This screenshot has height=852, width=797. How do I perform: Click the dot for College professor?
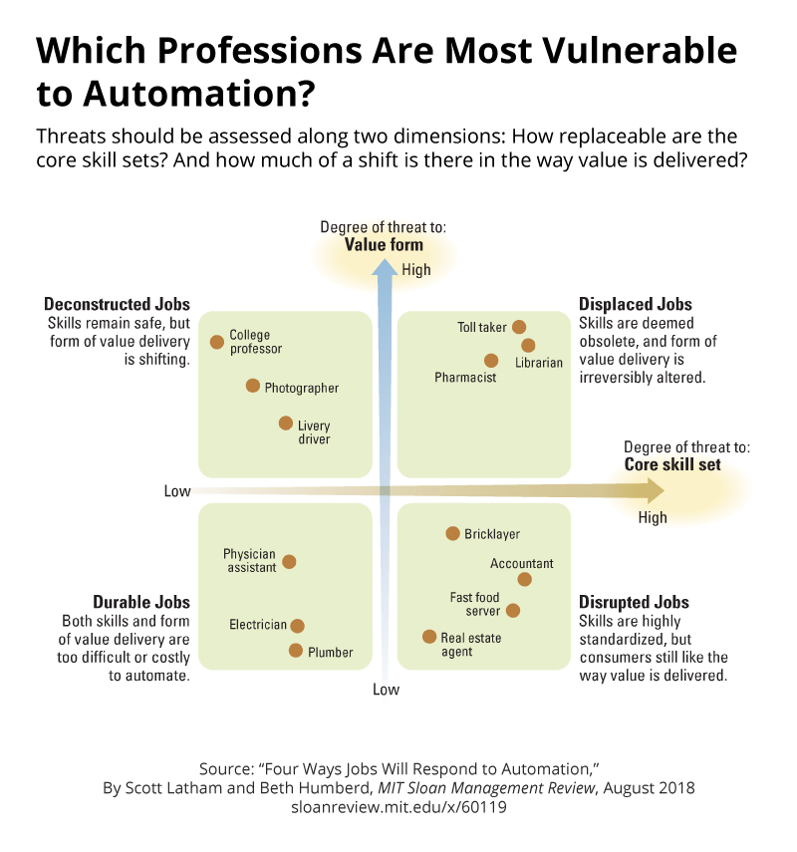pos(217,342)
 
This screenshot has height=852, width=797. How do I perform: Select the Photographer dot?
pos(253,386)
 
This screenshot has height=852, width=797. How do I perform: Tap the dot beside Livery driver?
pos(285,424)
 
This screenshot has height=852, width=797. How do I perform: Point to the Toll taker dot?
pos(519,327)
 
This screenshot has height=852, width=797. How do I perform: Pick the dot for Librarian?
pos(528,346)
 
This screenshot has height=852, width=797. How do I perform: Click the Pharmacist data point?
pos(491,361)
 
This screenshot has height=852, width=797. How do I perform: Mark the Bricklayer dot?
pos(452,534)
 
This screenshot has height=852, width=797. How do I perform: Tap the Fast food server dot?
pos(513,610)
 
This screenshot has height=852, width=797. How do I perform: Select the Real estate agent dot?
pos(429,637)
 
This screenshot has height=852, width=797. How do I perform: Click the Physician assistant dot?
pos(289,562)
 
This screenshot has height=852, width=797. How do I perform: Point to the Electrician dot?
pos(297,626)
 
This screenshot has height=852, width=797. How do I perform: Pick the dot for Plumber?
pos(296,651)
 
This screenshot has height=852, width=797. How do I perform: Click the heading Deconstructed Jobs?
pos(117,304)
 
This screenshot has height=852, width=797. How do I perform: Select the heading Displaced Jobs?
pos(636,304)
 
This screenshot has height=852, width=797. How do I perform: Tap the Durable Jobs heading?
pos(140,603)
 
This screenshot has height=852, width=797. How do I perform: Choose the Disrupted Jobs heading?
pos(634,603)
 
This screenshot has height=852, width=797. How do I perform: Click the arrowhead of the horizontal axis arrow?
pos(654,489)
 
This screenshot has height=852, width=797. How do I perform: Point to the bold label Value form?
pos(384,245)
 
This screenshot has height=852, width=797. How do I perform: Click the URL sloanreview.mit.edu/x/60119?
pos(398,807)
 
